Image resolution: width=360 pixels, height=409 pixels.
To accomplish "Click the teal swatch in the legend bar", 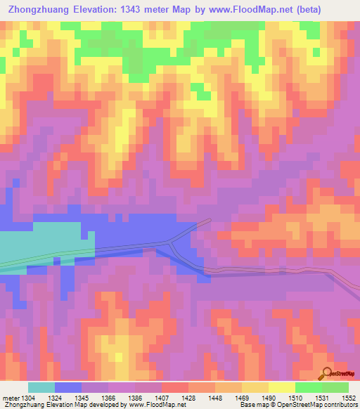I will click(x=41, y=388).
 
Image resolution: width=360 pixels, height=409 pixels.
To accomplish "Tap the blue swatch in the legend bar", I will click(x=68, y=388).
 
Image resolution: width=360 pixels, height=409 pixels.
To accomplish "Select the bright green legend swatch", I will click(x=309, y=388).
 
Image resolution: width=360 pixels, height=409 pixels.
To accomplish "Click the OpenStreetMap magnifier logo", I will click(x=328, y=373).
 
